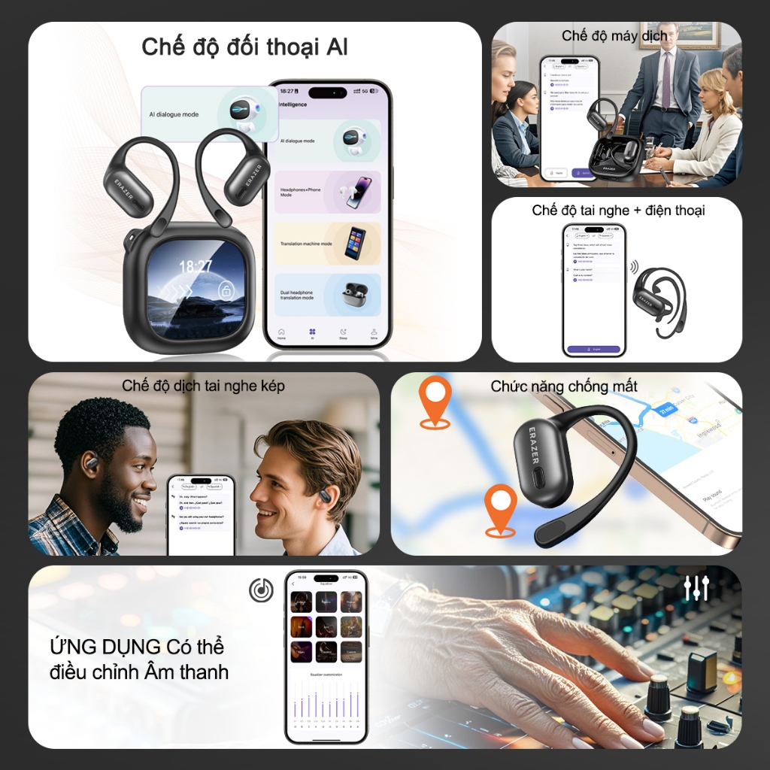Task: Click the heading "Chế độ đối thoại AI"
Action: (x=244, y=47)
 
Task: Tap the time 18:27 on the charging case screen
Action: (x=195, y=265)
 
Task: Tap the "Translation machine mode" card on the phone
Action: (x=327, y=243)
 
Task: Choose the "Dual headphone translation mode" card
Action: (x=327, y=294)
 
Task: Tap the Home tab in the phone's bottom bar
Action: (x=281, y=334)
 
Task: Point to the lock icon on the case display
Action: (x=226, y=290)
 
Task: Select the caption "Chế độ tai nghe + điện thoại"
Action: (x=618, y=210)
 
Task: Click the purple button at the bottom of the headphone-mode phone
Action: (x=594, y=350)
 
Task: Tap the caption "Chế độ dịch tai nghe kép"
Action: (x=203, y=386)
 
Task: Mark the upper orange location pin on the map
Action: (x=435, y=400)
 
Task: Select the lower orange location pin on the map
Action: (x=500, y=508)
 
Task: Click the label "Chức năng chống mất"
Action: (x=564, y=387)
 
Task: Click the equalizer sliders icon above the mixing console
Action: (x=697, y=587)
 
